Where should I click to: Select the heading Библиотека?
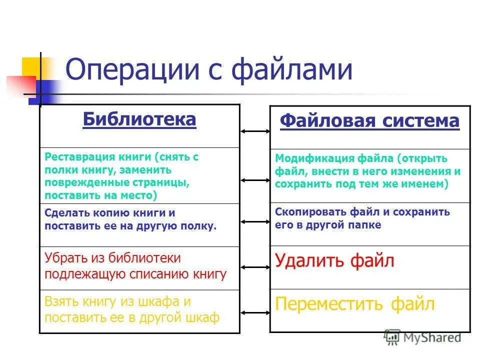coord(139,119)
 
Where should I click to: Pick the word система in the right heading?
coord(419,121)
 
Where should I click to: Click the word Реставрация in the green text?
coord(76,156)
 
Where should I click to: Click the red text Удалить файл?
coord(334,260)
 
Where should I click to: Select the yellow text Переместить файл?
coord(355,303)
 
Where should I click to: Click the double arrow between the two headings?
coord(255,131)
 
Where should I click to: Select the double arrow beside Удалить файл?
coord(255,268)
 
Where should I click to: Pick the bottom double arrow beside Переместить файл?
coord(255,313)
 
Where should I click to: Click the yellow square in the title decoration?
coord(31,67)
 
